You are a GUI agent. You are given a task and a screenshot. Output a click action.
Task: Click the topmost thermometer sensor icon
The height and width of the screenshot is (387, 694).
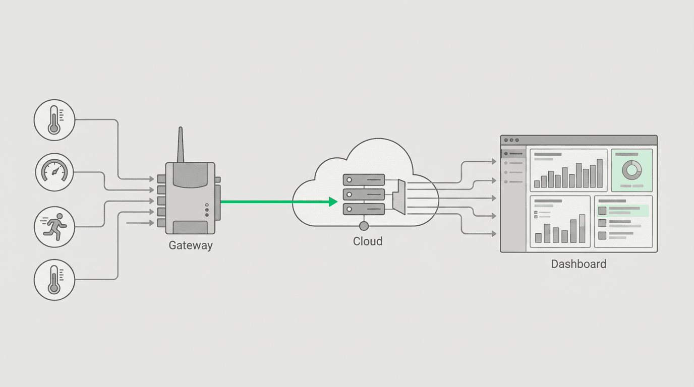pyautogui.click(x=54, y=120)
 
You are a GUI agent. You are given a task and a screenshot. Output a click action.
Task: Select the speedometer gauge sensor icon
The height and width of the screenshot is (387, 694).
pyautogui.click(x=54, y=172)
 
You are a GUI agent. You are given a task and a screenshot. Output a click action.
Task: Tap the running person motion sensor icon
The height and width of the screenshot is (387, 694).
pyautogui.click(x=54, y=227)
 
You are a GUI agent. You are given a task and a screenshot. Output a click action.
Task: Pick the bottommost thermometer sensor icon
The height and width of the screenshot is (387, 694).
pyautogui.click(x=54, y=280)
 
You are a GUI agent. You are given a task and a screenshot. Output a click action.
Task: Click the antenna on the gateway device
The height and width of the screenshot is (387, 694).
pyautogui.click(x=181, y=145)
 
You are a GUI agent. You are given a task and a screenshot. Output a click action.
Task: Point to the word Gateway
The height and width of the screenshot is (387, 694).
pyautogui.click(x=191, y=245)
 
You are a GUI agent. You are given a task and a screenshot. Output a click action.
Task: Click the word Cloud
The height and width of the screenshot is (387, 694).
pyautogui.click(x=368, y=241)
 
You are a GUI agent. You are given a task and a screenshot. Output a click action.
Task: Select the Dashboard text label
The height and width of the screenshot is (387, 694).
pyautogui.click(x=579, y=264)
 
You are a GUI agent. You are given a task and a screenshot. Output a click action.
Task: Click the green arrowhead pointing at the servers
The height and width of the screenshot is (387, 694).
pyautogui.click(x=333, y=202)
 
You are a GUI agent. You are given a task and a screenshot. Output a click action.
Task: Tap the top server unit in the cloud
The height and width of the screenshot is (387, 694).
pyautogui.click(x=364, y=180)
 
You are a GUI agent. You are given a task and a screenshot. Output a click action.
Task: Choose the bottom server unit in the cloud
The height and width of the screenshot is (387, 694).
pyautogui.click(x=364, y=209)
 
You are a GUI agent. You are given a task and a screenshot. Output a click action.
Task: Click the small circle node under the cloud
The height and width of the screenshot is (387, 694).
pyautogui.click(x=364, y=226)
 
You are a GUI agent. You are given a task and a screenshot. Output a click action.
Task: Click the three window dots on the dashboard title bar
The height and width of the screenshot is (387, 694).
pyautogui.click(x=511, y=140)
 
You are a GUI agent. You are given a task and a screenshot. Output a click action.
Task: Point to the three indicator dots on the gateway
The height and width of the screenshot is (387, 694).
pyautogui.click(x=207, y=210)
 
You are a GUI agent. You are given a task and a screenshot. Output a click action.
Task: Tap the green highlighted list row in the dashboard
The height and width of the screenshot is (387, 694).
pyautogui.click(x=623, y=211)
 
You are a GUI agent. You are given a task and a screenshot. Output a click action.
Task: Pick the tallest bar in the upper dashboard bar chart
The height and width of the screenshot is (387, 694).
pyautogui.click(x=600, y=173)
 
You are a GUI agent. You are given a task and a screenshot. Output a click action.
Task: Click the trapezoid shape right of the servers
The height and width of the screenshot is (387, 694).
pyautogui.click(x=399, y=197)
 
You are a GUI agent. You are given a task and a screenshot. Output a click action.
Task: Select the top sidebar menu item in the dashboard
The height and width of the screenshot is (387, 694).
pyautogui.click(x=513, y=154)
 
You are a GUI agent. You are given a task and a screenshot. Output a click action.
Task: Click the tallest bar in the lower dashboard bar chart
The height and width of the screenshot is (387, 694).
pyautogui.click(x=582, y=228)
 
